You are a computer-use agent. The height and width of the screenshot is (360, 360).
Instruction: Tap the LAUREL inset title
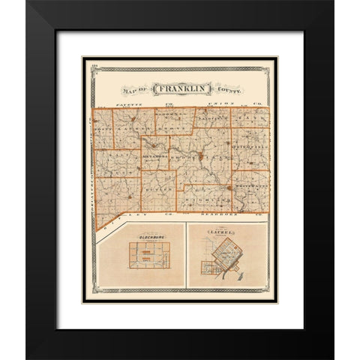click(x=225, y=234)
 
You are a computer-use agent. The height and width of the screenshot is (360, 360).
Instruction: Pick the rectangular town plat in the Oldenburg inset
click(x=148, y=256)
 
